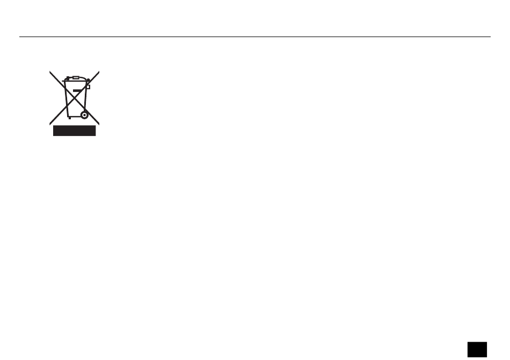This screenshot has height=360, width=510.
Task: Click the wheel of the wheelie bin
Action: (x=84, y=115)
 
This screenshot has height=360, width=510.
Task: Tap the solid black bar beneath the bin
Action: (x=74, y=131)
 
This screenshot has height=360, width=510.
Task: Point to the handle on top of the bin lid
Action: (x=75, y=77)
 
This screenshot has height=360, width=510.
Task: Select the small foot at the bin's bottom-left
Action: (x=68, y=118)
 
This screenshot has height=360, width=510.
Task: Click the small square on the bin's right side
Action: (x=88, y=87)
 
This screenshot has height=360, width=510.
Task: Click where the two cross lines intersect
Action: (x=75, y=98)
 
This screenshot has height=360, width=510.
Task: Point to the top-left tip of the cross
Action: (x=50, y=72)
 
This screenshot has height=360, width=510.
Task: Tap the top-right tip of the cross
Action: (x=99, y=72)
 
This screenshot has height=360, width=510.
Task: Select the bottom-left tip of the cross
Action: (x=50, y=124)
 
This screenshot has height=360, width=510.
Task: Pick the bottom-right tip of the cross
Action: (x=99, y=124)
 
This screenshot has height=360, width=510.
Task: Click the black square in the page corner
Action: (x=477, y=349)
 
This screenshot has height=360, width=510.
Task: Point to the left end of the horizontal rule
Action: (x=20, y=37)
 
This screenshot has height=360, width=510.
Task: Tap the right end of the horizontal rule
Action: (x=490, y=37)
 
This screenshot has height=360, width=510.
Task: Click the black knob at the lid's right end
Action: (x=87, y=81)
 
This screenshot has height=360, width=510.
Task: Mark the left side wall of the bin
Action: (x=67, y=99)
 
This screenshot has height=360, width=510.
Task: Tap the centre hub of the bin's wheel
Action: (x=84, y=115)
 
